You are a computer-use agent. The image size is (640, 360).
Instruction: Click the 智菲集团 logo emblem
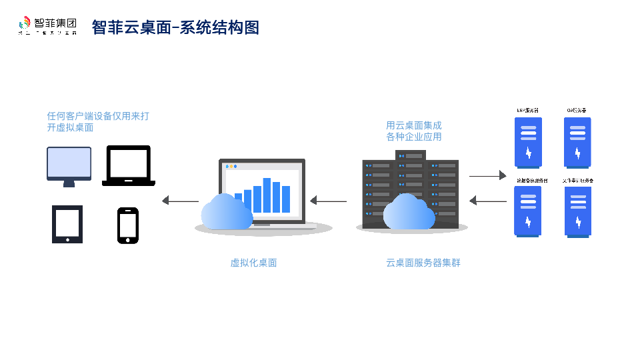25,25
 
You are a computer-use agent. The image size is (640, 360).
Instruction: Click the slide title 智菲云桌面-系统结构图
175,27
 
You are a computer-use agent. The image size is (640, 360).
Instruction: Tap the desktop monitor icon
69,165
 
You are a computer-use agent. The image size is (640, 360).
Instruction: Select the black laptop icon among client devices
129,165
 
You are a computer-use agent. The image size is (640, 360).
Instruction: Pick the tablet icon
67,224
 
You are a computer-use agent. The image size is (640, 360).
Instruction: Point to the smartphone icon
128,225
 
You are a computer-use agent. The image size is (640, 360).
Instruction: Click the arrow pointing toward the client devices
180,201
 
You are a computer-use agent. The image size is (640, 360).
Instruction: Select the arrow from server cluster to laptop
328,201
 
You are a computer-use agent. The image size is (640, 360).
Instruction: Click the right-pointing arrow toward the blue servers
487,176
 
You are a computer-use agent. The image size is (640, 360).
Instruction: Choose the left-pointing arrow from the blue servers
487,201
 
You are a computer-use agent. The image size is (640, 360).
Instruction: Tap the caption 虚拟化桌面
253,263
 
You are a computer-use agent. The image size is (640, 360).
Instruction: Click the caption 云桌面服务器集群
423,263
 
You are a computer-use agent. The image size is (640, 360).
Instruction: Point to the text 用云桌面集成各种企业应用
413,131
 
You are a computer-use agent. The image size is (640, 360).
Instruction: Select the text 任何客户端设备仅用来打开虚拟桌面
98,121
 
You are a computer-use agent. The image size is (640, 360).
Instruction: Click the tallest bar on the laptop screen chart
267,195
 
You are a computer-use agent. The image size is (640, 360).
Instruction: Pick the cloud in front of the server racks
409,211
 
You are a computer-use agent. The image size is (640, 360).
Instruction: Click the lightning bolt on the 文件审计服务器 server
578,222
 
